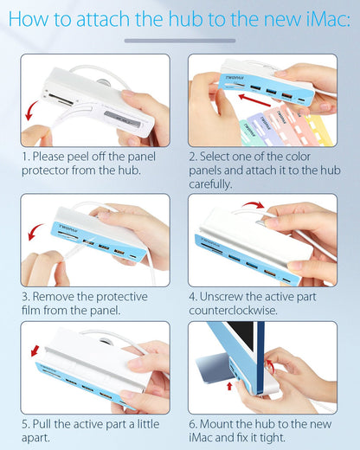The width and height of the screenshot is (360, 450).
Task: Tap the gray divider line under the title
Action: click(180, 41)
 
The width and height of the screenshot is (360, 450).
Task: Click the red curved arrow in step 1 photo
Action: click(31, 110)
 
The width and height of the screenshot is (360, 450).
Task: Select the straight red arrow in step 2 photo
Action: click(254, 100)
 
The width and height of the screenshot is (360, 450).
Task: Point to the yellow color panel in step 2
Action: click(321, 130)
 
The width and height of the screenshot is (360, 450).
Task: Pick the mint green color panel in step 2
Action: click(248, 132)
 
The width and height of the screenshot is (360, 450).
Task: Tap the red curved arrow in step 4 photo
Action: click(253, 204)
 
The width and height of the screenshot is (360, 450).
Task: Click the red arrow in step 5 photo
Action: click(35, 351)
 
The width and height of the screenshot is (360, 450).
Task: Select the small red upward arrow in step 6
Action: click(229, 386)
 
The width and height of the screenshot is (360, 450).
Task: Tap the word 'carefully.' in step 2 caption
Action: click(210, 184)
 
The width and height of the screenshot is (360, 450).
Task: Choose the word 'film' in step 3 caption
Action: click(31, 311)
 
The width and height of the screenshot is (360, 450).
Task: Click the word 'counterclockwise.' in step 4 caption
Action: click(233, 311)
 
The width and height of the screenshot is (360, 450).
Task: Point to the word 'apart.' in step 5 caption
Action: click(35, 438)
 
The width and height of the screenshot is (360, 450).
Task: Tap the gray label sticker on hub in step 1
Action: click(122, 119)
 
